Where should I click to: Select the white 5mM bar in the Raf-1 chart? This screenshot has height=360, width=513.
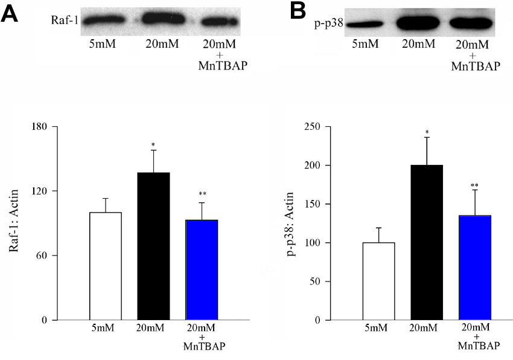click(x=105, y=266)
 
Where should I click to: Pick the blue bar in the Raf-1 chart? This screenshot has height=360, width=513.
click(x=202, y=269)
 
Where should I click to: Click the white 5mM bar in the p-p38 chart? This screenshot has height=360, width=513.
click(x=378, y=281)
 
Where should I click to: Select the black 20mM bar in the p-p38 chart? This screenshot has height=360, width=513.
click(x=427, y=242)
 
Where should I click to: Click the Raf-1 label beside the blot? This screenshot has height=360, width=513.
click(x=66, y=20)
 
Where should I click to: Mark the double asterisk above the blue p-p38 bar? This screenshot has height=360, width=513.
click(x=474, y=185)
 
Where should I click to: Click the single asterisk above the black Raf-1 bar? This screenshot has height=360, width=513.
click(x=153, y=145)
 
